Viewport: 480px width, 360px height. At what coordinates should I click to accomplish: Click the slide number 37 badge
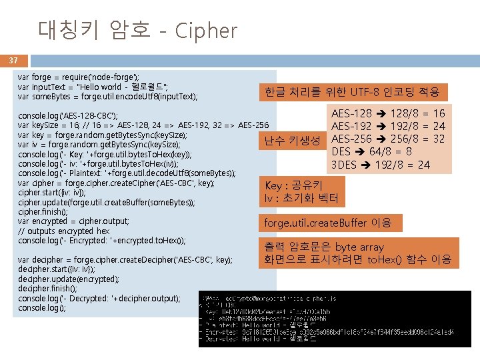[13, 60]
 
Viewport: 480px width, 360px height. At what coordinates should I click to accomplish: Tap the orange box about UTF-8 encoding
[356, 92]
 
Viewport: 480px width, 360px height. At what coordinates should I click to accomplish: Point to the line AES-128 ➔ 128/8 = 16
[388, 114]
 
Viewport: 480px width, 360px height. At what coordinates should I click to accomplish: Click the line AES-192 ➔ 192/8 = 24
[388, 127]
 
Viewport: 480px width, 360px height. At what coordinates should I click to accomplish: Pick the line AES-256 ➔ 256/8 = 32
[388, 139]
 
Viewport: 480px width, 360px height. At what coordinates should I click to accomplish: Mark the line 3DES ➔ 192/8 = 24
[381, 165]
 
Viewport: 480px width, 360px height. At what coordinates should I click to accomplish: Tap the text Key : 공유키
[294, 185]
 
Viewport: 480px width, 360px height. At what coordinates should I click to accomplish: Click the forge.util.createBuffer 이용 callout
[328, 223]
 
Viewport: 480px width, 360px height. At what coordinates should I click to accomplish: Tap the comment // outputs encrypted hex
[64, 231]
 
